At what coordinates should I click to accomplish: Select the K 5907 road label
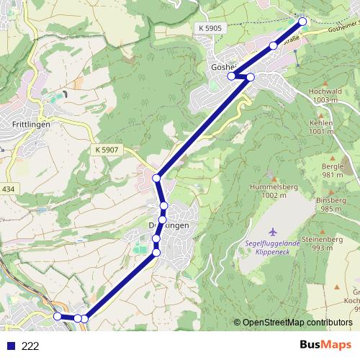point(105,149)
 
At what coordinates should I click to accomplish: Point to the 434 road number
point(8,189)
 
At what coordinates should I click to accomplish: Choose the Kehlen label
point(320,123)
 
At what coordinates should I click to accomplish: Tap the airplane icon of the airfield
point(272,232)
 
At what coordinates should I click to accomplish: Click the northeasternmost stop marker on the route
point(302,22)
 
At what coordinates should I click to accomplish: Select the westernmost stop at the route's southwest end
point(58,316)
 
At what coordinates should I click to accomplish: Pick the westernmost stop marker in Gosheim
point(231,76)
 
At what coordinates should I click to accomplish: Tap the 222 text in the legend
point(30,346)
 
